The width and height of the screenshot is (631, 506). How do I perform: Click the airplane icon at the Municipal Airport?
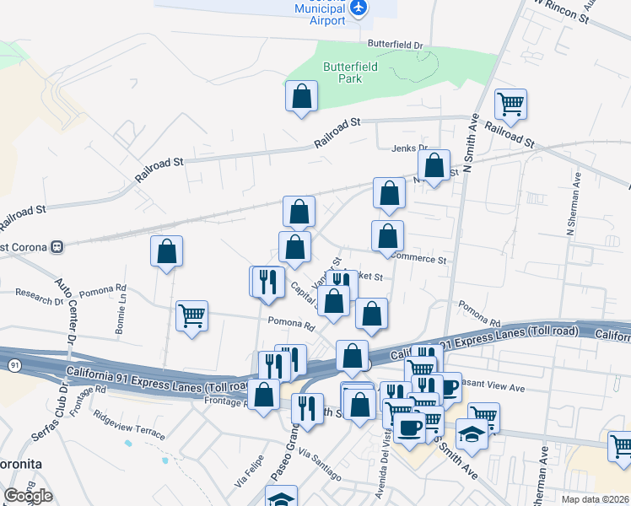pos(360,8)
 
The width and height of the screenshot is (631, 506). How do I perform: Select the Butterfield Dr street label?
pos(395,43)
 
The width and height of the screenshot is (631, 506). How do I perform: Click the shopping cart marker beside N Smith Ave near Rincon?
pos(510,105)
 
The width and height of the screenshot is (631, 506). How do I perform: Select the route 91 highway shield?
pos(13,365)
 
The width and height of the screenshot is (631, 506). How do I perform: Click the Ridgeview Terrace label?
pos(129,423)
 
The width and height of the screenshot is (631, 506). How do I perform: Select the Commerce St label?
pos(419,260)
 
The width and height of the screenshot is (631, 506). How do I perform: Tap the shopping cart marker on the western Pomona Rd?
pos(191,317)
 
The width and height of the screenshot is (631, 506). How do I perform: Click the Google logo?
pos(28,496)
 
